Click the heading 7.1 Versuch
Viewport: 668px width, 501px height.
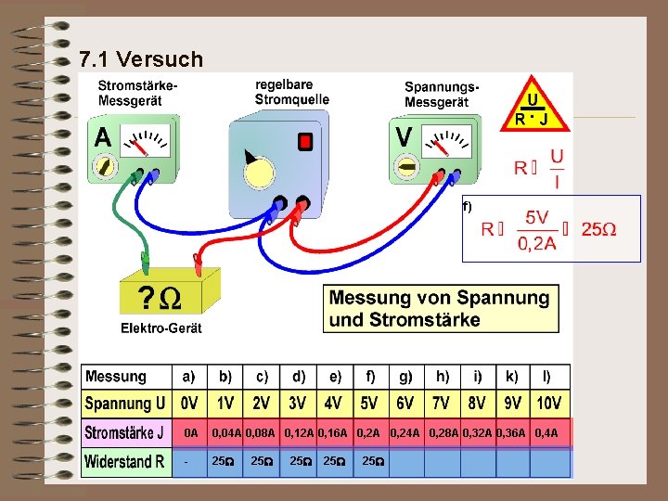141,60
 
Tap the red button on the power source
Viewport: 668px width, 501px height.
304,141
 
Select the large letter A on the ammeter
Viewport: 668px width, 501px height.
102,137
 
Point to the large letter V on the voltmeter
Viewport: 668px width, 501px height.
405,137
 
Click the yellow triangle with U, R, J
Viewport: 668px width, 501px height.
531,104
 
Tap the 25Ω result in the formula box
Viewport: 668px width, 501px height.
598,229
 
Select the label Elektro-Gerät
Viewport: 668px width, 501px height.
161,328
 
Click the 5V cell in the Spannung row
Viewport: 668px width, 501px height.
369,404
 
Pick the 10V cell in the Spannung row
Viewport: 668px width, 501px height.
548,404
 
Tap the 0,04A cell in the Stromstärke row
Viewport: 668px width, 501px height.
226,432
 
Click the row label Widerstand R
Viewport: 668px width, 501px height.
124,461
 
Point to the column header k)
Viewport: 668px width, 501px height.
511,376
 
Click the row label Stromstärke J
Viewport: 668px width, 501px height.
124,432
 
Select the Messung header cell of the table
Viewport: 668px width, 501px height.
116,376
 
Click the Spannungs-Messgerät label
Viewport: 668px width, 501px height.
442,93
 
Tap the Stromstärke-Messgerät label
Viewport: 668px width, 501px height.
138,93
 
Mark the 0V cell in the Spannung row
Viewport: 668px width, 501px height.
188,404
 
